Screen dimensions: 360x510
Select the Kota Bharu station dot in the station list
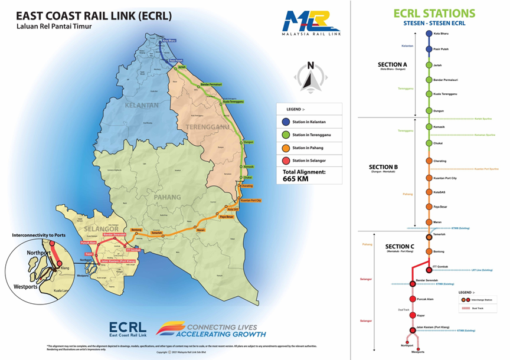pos(429,34)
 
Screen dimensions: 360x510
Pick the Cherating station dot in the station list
pos(429,161)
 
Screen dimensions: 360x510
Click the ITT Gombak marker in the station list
pos(429,268)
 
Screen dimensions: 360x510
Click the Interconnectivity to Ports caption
pos(43,235)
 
